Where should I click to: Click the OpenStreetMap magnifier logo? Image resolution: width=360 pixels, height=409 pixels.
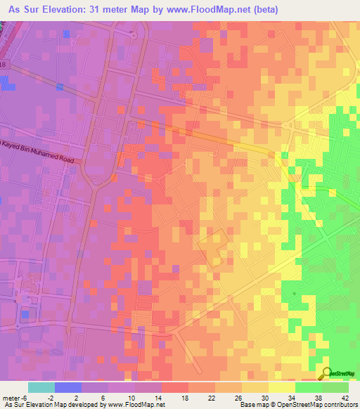coord(328,375)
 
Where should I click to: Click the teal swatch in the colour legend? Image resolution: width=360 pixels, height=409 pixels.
coord(41,387)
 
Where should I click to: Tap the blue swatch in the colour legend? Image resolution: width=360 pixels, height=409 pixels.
coord(68,387)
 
